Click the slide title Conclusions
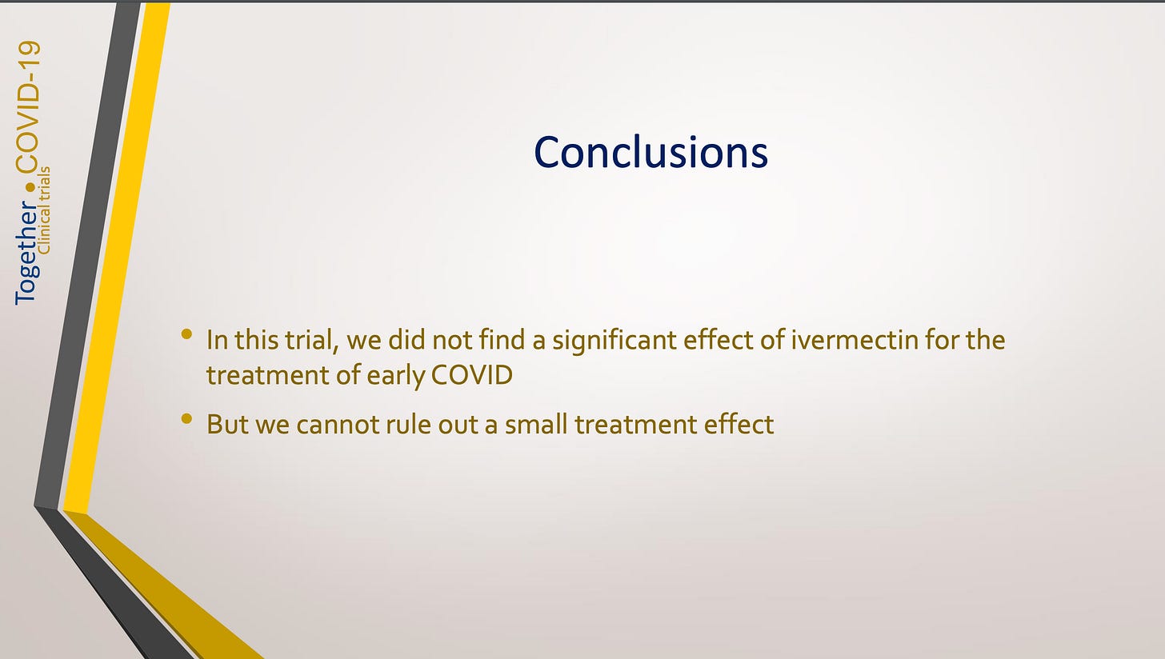651,152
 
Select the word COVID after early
472,375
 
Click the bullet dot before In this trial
186,334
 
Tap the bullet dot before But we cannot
186,418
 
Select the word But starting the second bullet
227,424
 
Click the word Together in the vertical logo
26,253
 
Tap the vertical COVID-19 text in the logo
28,106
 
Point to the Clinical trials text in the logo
45,210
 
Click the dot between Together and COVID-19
30,186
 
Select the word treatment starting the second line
268,375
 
